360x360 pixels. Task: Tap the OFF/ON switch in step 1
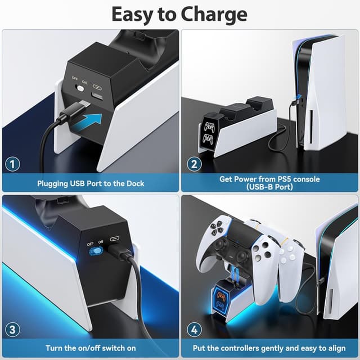click(x=80, y=89)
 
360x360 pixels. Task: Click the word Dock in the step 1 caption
click(x=134, y=183)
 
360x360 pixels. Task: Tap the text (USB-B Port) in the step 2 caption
click(x=269, y=187)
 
